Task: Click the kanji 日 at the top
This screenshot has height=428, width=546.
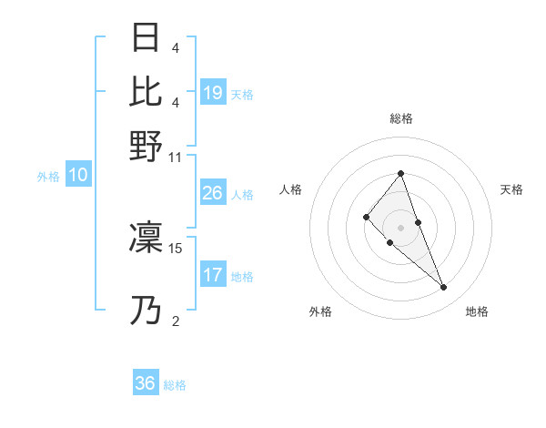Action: point(146,39)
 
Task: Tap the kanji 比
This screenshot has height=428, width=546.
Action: point(146,92)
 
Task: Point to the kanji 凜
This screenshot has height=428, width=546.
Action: point(146,238)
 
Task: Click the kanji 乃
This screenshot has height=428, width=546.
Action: point(146,311)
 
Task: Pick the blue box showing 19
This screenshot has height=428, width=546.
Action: point(213,92)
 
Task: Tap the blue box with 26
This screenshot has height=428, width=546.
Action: point(213,193)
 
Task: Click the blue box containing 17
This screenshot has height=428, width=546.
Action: point(213,275)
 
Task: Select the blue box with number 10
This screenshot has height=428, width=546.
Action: point(77,176)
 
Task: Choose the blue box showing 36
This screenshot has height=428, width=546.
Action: point(146,383)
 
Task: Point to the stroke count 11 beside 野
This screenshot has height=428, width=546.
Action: point(176,157)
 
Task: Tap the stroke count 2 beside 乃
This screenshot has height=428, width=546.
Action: point(176,321)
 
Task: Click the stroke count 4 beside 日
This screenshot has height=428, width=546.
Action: point(176,48)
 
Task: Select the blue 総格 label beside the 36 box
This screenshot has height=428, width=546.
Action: point(175,385)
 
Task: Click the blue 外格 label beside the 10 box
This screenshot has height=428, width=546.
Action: point(48,177)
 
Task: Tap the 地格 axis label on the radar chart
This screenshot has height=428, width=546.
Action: point(477,311)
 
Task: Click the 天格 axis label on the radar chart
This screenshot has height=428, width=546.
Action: point(511,189)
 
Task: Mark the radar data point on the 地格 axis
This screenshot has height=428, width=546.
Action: point(443,288)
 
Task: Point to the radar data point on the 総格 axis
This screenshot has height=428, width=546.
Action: point(400,173)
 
